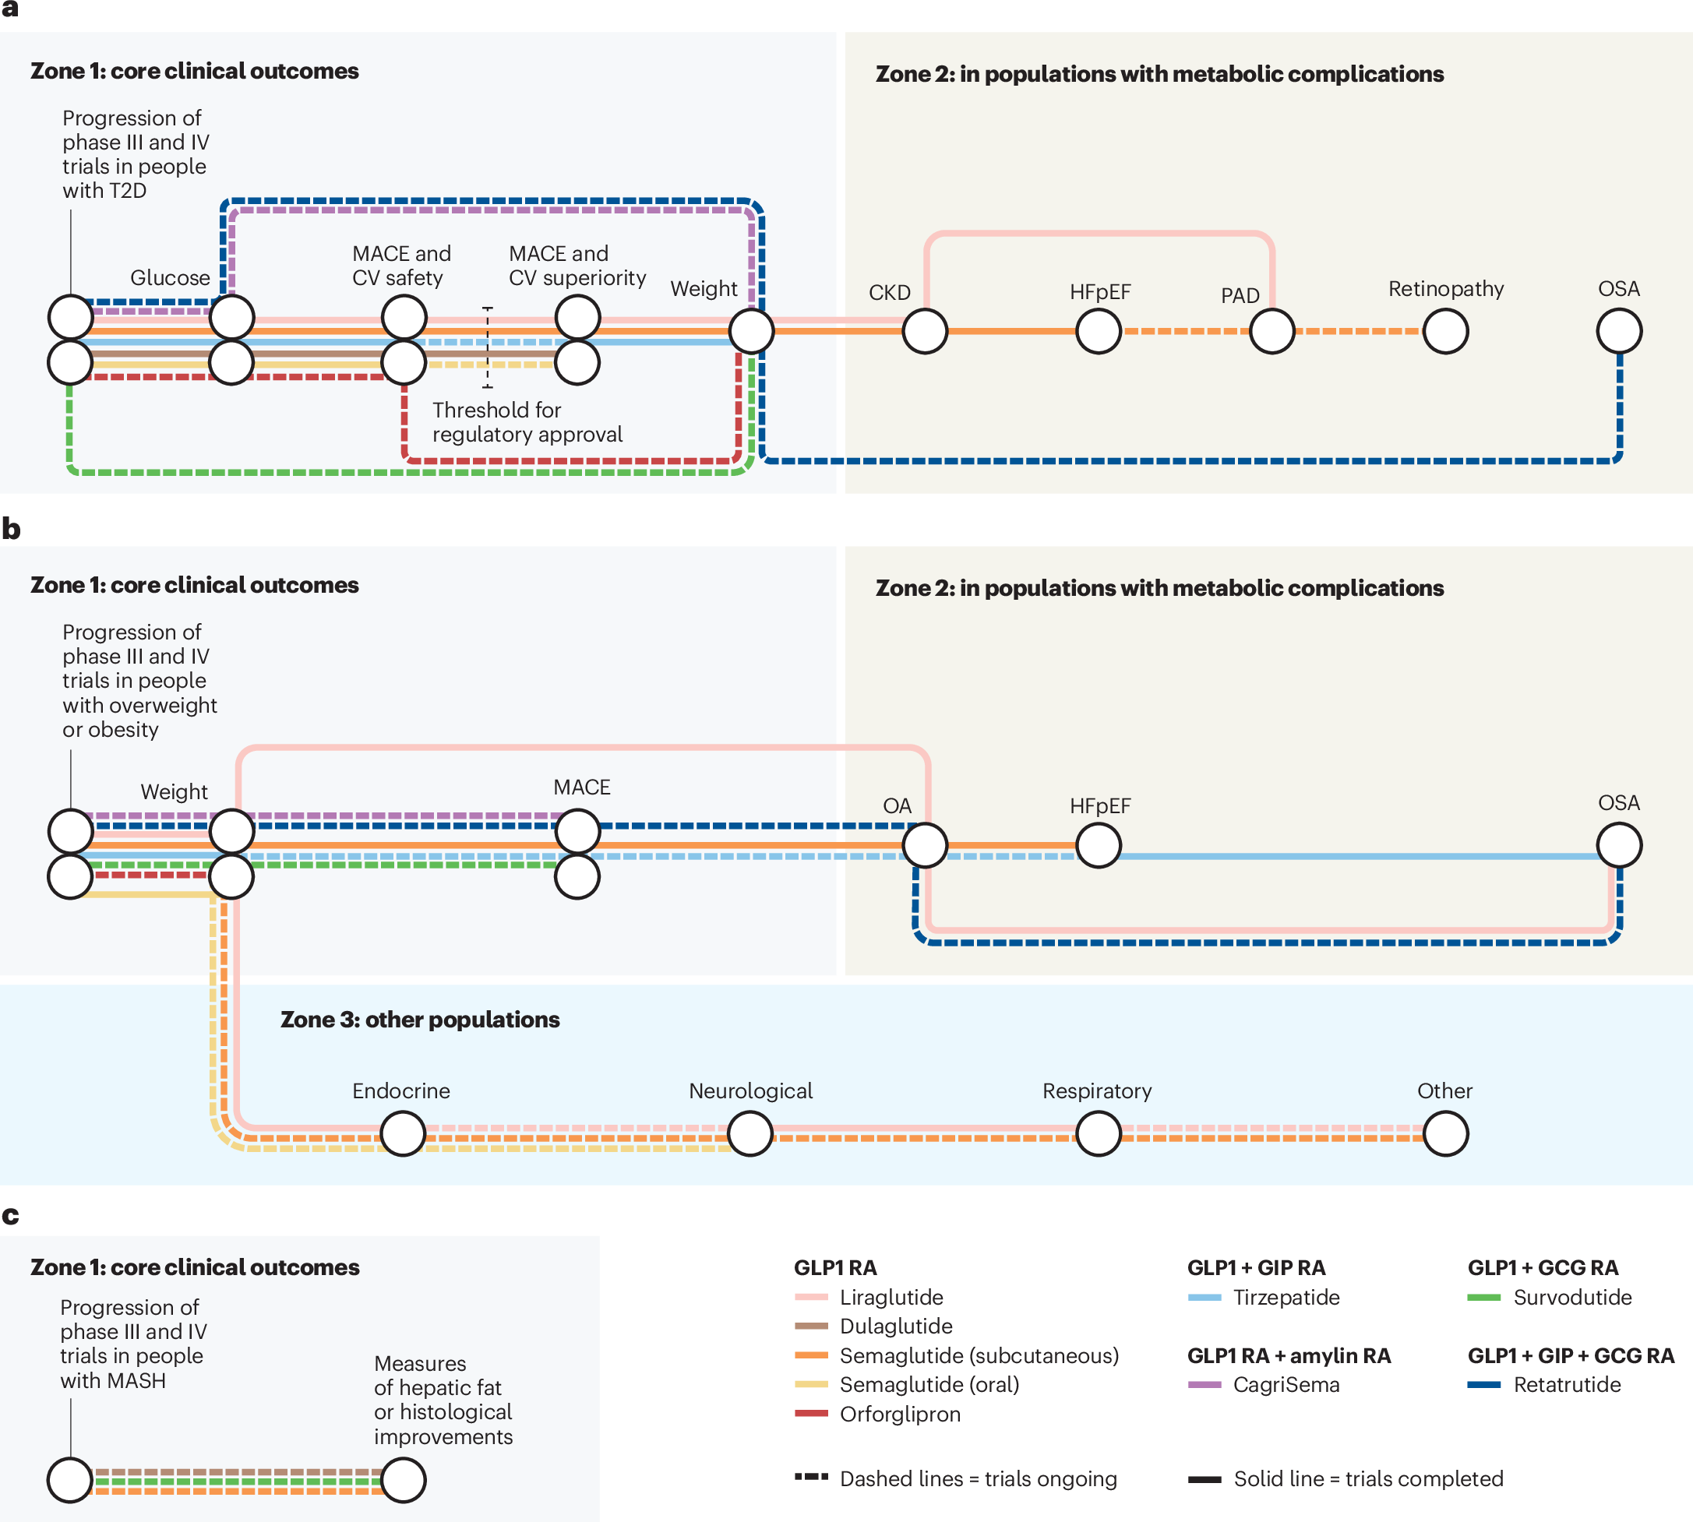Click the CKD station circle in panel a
pyautogui.click(x=924, y=331)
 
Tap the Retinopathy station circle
pyautogui.click(x=1445, y=331)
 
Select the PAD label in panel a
pyautogui.click(x=1240, y=295)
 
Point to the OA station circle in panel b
pyautogui.click(x=924, y=844)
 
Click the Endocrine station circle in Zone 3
pyautogui.click(x=403, y=1133)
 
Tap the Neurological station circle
pyautogui.click(x=750, y=1133)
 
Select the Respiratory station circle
pyautogui.click(x=1098, y=1133)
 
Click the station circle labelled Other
pyautogui.click(x=1445, y=1133)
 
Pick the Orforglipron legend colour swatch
pyautogui.click(x=810, y=1413)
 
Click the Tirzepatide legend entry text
pyautogui.click(x=1286, y=1297)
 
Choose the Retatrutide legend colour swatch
pyautogui.click(x=1484, y=1385)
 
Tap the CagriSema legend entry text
pyautogui.click(x=1286, y=1385)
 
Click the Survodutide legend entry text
pyautogui.click(x=1571, y=1297)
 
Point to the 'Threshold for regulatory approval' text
pyautogui.click(x=527, y=422)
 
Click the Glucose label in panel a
pyautogui.click(x=170, y=277)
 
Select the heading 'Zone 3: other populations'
pyautogui.click(x=420, y=1020)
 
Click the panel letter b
pyautogui.click(x=11, y=529)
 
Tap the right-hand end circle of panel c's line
pyautogui.click(x=403, y=1479)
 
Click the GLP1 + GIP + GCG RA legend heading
pyautogui.click(x=1571, y=1355)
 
